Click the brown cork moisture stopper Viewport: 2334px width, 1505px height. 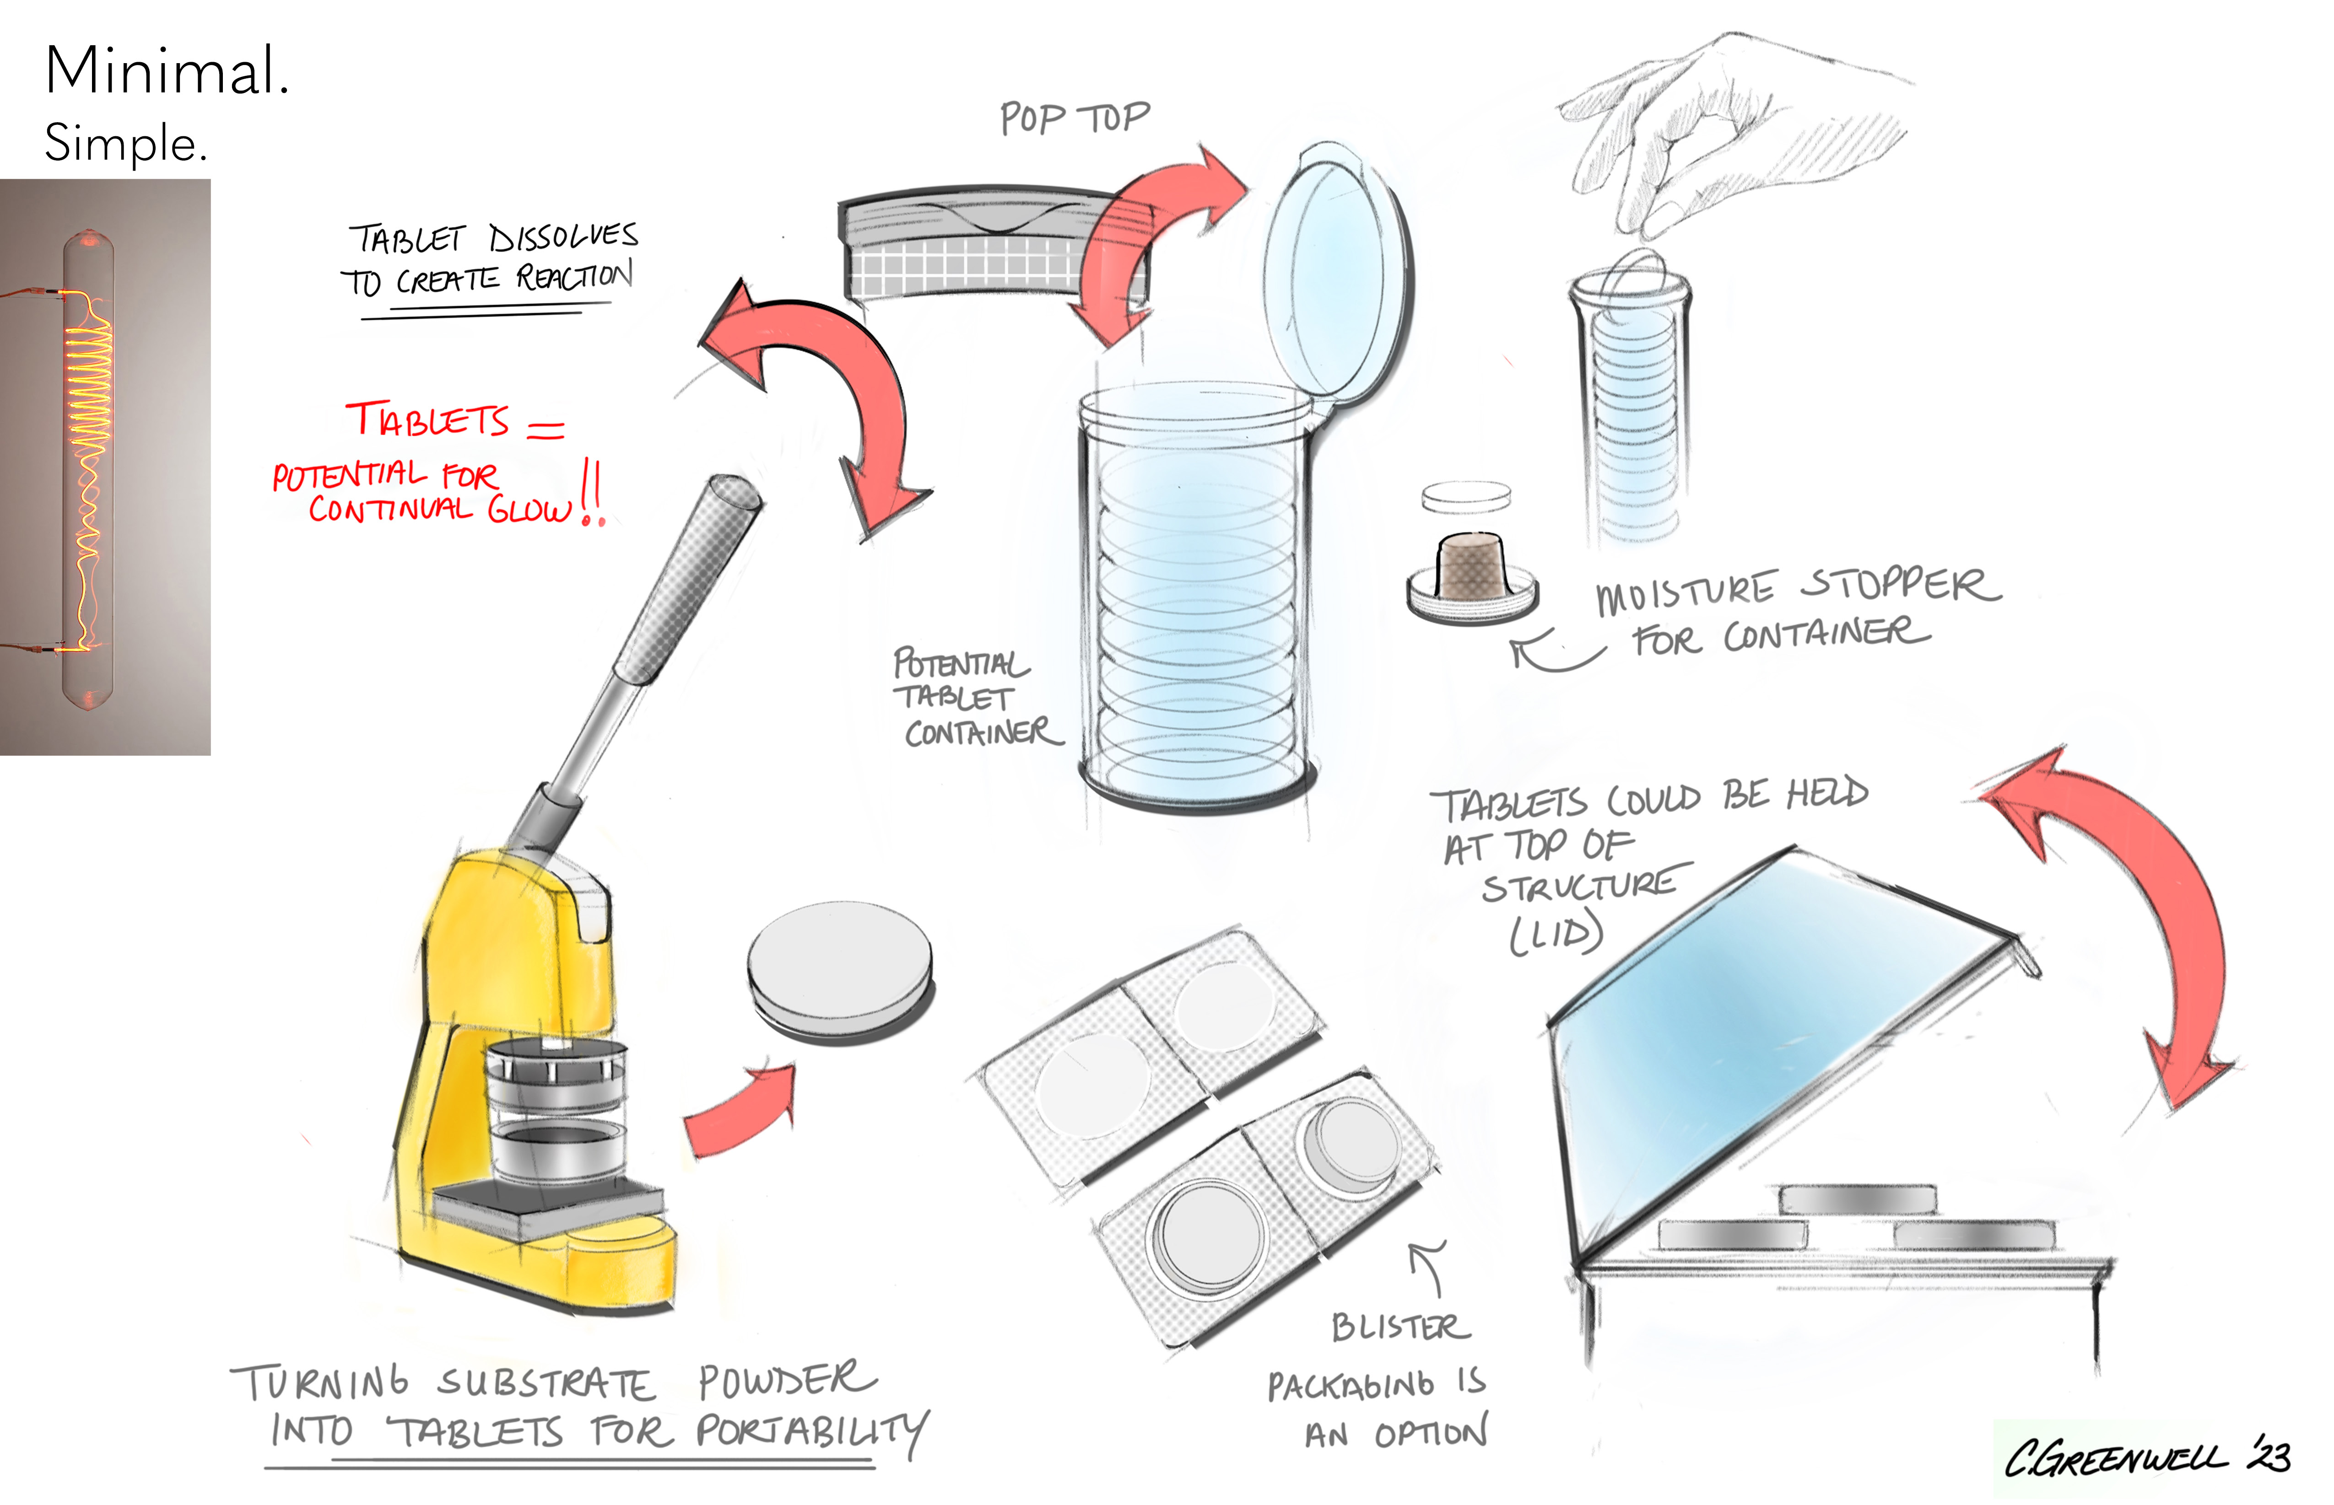1473,567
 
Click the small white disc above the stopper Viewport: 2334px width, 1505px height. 1466,496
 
